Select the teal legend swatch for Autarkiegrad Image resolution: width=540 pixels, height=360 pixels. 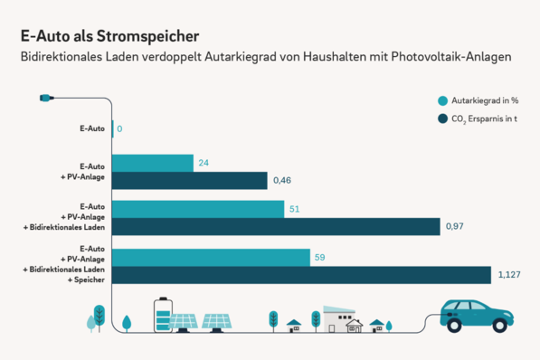tap(442, 101)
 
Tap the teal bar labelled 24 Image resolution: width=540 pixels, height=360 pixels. tap(153, 163)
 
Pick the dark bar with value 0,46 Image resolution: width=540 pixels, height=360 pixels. tap(190, 181)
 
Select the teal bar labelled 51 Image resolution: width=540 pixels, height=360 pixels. tap(198, 209)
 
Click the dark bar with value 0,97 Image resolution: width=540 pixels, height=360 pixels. tap(276, 227)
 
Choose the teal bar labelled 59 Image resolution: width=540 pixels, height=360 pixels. tap(211, 257)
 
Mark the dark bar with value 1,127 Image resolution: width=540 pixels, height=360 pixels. tap(301, 275)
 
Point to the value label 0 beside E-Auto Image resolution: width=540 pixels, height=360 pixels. tap(119, 129)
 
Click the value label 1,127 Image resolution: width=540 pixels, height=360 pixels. tap(508, 275)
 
